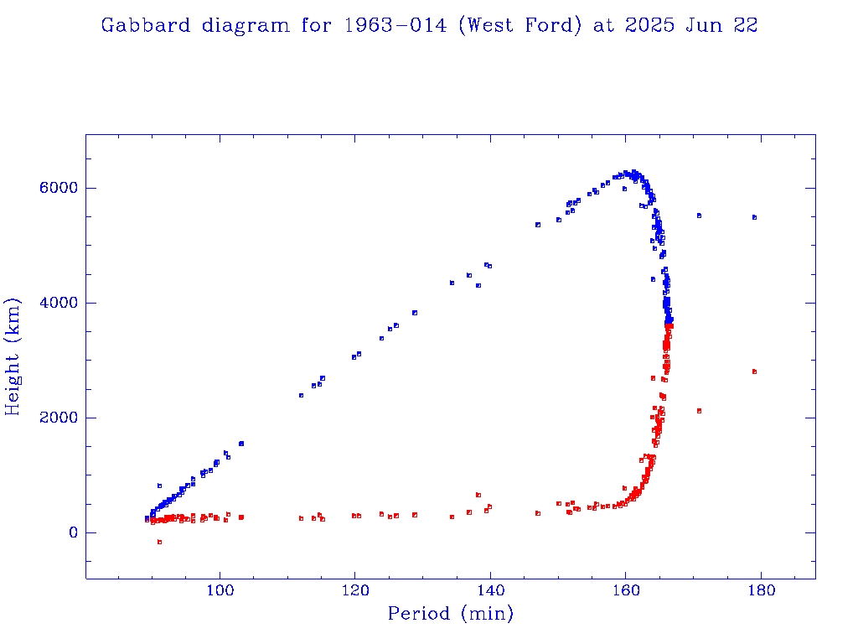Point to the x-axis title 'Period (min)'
click(450, 614)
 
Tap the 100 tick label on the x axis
click(220, 592)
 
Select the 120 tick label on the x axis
click(355, 592)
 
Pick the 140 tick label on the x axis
click(490, 592)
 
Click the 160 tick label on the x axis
click(626, 592)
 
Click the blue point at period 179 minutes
click(754, 217)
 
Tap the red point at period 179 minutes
click(754, 371)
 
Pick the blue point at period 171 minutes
click(699, 216)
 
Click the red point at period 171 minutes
click(699, 411)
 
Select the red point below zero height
click(159, 543)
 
